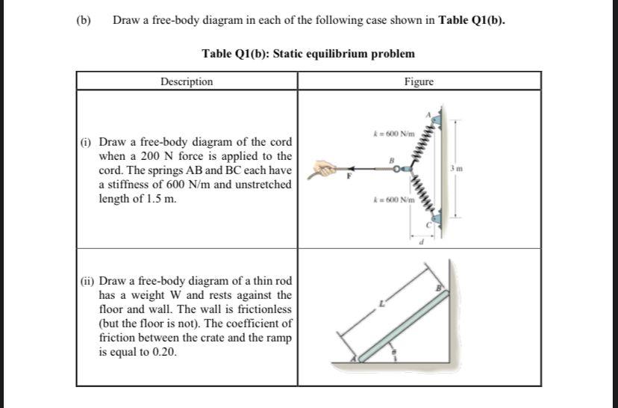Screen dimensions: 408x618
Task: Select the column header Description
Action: tap(187, 81)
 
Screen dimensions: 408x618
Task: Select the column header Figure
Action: tap(419, 81)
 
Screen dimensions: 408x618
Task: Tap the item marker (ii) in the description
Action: tap(88, 281)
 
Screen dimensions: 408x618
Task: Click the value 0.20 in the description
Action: tap(165, 352)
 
